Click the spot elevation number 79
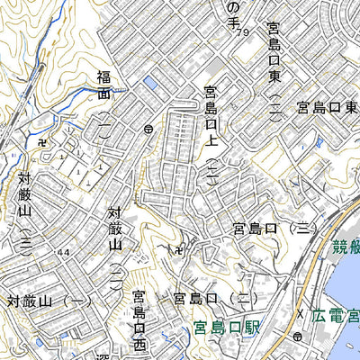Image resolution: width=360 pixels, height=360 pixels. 243,33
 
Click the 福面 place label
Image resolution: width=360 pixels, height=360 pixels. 104,85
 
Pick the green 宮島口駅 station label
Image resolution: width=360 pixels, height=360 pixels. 226,329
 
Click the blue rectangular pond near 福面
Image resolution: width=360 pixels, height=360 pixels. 149,84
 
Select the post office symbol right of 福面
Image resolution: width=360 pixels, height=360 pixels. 147,130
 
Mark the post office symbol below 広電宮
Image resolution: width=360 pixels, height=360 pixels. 296,337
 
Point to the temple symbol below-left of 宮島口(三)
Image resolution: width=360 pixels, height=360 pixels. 182,248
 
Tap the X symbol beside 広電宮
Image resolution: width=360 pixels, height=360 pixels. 301,312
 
